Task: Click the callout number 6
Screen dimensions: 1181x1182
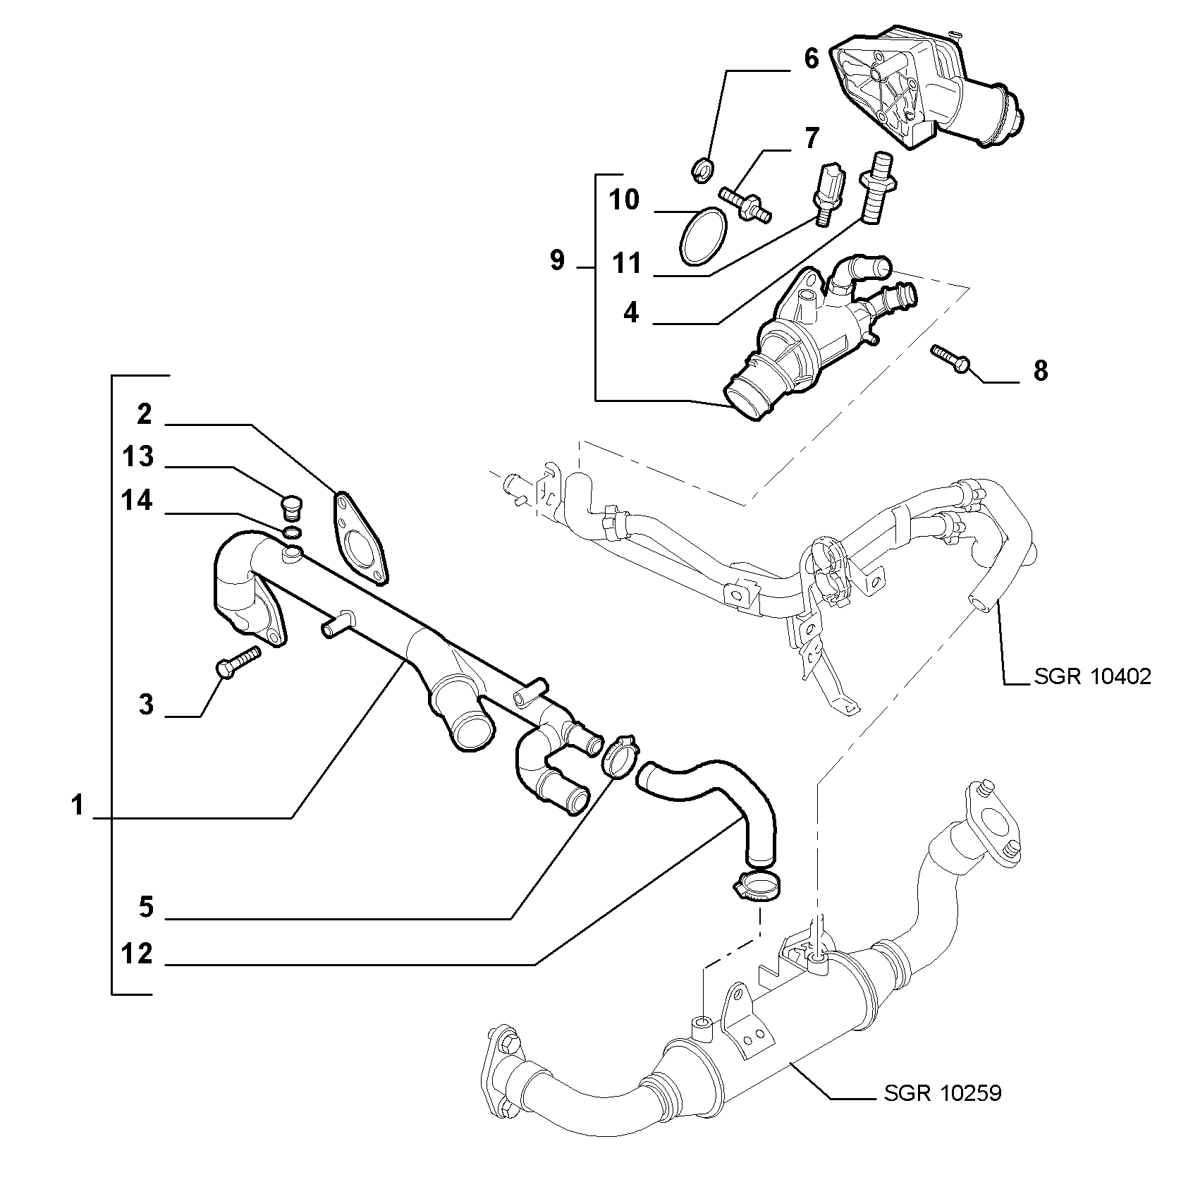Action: point(811,59)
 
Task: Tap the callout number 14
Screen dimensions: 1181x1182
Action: point(137,501)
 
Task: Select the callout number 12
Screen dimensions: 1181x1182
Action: point(137,953)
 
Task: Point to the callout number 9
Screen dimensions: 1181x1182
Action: point(557,261)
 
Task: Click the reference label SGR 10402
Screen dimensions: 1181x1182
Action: point(1093,676)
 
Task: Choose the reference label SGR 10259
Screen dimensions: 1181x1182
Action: point(942,1114)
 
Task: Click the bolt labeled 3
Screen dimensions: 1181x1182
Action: point(237,661)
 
